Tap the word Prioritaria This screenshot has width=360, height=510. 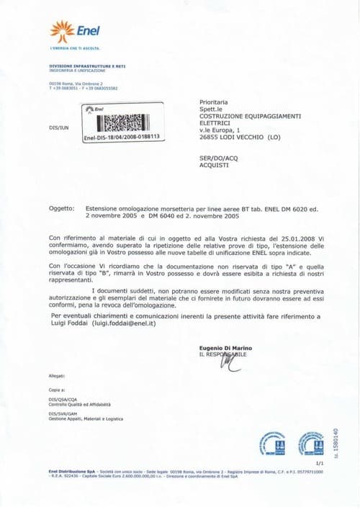(x=213, y=102)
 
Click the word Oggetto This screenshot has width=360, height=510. (x=61, y=208)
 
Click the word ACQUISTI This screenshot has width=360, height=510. (x=214, y=164)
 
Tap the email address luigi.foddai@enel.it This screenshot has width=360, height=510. (x=124, y=323)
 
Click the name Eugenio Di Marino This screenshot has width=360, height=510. (x=225, y=348)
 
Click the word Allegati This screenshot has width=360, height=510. (x=57, y=376)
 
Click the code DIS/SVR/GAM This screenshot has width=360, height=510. (x=63, y=414)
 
